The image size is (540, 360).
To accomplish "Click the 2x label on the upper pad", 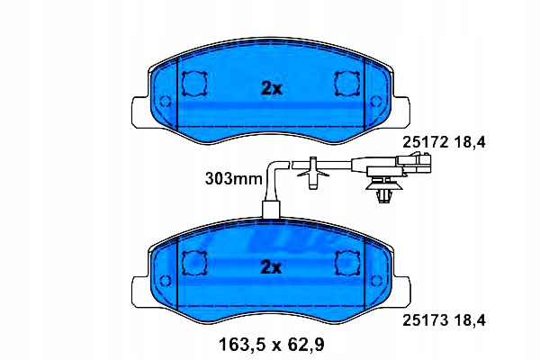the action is pos(272,89).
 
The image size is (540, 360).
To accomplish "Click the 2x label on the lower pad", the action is pos(272,267).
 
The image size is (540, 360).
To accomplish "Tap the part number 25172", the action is pos(426,142).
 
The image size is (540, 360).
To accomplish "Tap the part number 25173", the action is pos(426,321).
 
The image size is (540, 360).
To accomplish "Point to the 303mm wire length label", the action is pos(233,179).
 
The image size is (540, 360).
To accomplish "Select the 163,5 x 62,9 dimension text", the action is pos(272,344).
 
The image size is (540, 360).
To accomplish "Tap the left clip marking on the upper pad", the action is pos(193,84).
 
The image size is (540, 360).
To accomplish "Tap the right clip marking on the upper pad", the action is pos(347,84).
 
